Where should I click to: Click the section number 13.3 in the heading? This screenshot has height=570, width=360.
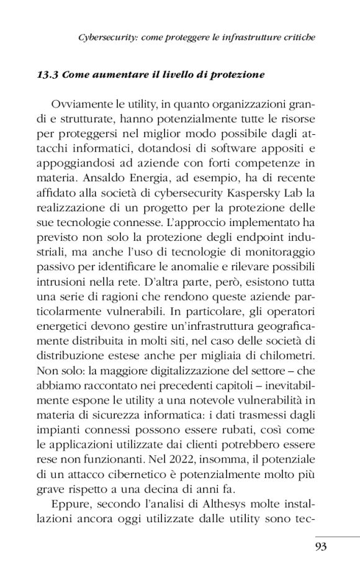pyautogui.click(x=48, y=75)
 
